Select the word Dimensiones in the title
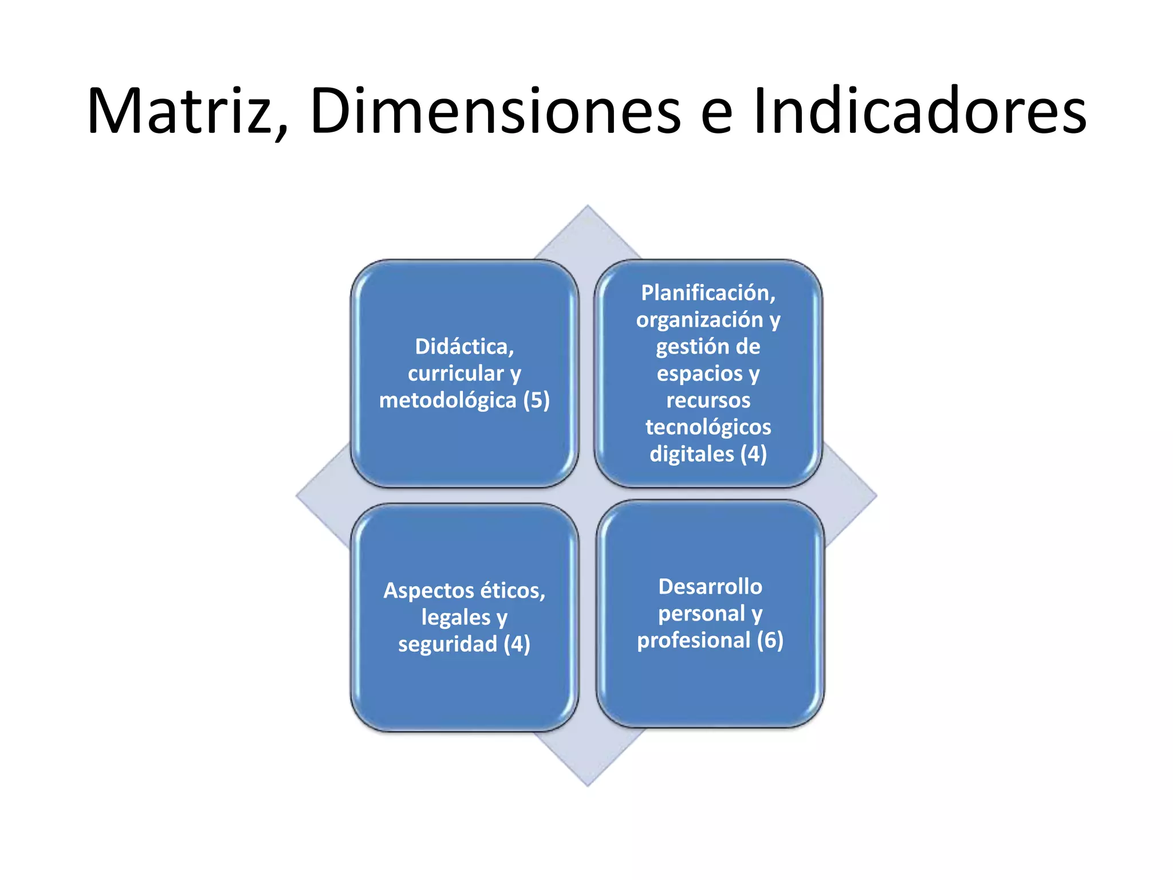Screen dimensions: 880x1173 (x=495, y=111)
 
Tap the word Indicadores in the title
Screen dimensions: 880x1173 (x=919, y=111)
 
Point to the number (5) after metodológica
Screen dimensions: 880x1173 (x=537, y=400)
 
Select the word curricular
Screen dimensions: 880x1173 (x=455, y=374)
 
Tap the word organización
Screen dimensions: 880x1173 (x=699, y=320)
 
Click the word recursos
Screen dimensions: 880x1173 (x=708, y=400)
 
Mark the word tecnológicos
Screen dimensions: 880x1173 (x=708, y=427)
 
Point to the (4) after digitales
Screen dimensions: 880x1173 (x=753, y=454)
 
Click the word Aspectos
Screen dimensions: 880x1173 (x=429, y=591)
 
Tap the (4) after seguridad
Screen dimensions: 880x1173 (x=517, y=645)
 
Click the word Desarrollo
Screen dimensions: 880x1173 (x=710, y=587)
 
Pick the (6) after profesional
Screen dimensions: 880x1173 (x=769, y=641)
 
